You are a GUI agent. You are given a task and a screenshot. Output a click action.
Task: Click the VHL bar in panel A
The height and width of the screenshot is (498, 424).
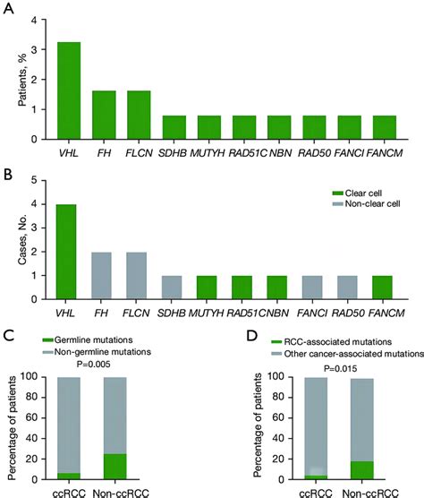click(x=69, y=90)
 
